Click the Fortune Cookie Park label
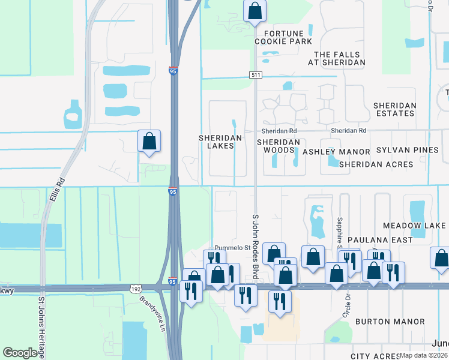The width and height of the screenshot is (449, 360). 283,37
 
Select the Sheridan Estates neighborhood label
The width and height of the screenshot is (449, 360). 394,109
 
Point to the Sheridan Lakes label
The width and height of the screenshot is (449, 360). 220,142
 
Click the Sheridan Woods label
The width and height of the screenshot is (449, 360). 278,146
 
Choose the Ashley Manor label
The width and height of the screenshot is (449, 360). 336,152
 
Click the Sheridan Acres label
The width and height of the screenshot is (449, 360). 376,164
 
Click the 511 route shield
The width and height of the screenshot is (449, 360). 255,74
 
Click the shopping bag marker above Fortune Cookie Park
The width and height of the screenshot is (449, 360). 255,11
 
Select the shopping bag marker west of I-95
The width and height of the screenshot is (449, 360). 149,142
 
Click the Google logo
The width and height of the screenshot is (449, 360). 21,353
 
